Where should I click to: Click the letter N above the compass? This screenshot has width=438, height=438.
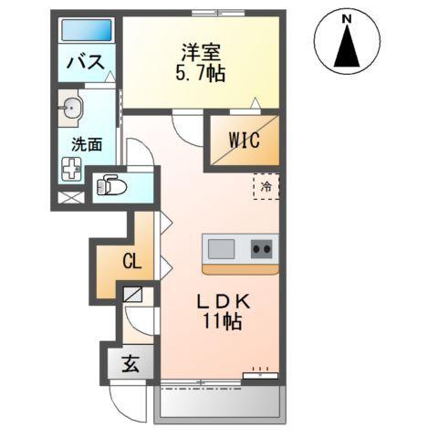point(347,16)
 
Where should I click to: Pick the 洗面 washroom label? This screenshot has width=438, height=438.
point(87,143)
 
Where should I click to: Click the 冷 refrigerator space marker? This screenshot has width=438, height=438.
point(266,186)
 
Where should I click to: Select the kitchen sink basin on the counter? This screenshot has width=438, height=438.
point(222,248)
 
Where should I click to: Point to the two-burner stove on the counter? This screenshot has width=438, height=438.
point(262,248)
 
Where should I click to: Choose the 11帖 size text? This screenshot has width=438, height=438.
point(222,322)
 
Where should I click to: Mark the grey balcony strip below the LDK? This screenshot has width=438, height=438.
point(219,398)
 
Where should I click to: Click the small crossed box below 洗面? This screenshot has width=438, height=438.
point(69,196)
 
